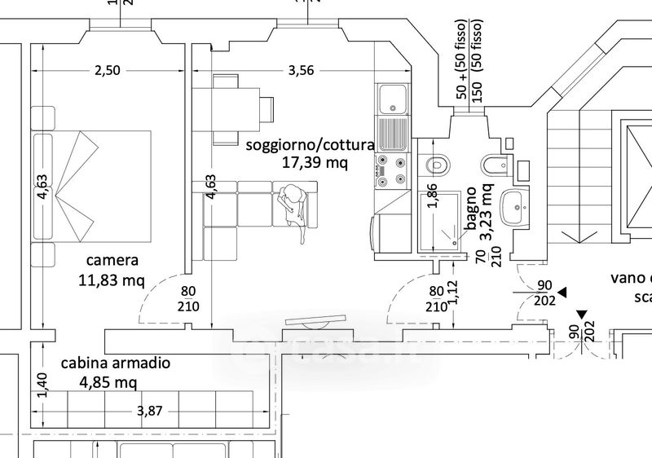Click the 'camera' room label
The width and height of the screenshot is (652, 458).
[112, 261]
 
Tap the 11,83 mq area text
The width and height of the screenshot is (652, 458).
[112, 281]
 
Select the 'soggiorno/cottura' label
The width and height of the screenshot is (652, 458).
[310, 144]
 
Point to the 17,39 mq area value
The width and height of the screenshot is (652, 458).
[315, 162]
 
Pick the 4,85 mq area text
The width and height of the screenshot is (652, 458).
[108, 381]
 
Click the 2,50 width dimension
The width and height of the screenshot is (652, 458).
[107, 70]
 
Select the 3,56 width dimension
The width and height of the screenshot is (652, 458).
[301, 70]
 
